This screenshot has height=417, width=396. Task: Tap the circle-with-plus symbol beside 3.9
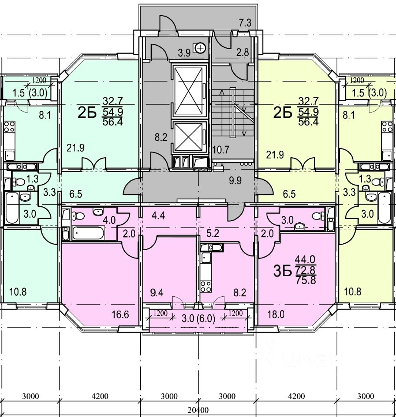tap(200, 48)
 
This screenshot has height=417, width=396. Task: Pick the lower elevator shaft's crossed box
tap(188, 138)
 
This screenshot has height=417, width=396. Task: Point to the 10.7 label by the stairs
tap(220, 150)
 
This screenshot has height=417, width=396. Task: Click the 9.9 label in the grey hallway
tap(235, 181)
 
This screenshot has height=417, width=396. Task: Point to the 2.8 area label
tap(243, 53)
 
